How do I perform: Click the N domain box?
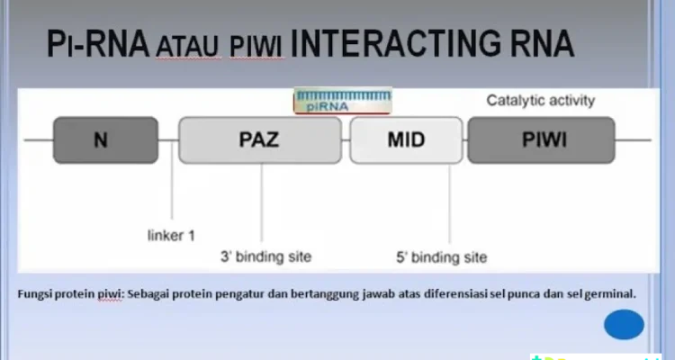pos(105,140)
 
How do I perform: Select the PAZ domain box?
pos(261,140)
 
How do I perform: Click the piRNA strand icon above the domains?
pos(342,101)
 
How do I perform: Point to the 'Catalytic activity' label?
pos(541,100)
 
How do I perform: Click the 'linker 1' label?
pos(171,236)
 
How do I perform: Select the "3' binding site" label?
pos(266,256)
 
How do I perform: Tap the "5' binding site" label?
pos(442,257)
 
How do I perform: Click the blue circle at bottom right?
pos(624,324)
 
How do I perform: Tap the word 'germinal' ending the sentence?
pos(610,293)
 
